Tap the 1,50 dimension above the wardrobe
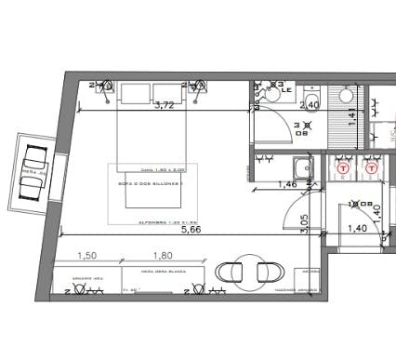(x=87, y=255)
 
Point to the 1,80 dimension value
(x=162, y=255)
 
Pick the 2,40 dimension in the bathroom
(x=310, y=105)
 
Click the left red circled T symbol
(x=344, y=169)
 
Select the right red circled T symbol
(x=372, y=169)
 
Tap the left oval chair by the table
(x=229, y=272)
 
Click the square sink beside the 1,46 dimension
(x=302, y=168)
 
